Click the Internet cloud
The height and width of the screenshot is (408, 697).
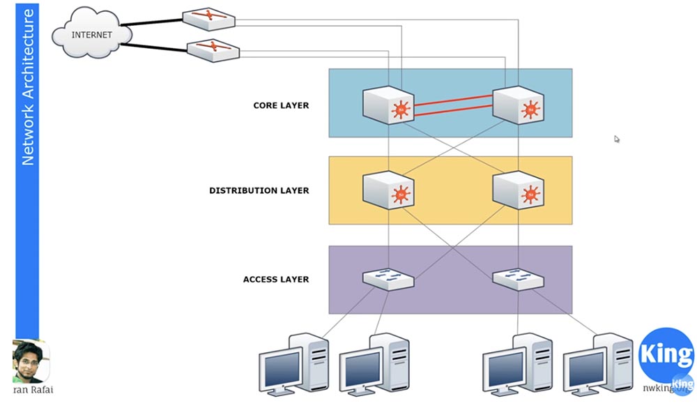[92, 34]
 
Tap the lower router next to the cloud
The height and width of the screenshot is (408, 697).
[213, 50]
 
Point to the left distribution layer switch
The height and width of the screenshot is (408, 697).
[388, 190]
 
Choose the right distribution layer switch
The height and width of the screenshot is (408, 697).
[518, 190]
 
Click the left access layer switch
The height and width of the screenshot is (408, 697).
[388, 278]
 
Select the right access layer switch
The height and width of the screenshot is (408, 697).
[518, 278]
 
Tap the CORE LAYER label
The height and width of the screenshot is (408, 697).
[281, 106]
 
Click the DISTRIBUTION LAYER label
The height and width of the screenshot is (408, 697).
[259, 190]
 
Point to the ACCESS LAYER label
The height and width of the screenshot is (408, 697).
[275, 280]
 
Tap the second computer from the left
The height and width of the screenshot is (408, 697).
[373, 366]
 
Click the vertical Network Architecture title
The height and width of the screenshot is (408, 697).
[28, 87]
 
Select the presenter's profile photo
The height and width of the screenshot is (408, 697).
[30, 361]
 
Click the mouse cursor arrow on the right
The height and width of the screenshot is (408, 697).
[617, 139]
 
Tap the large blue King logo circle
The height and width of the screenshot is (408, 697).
[666, 355]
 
